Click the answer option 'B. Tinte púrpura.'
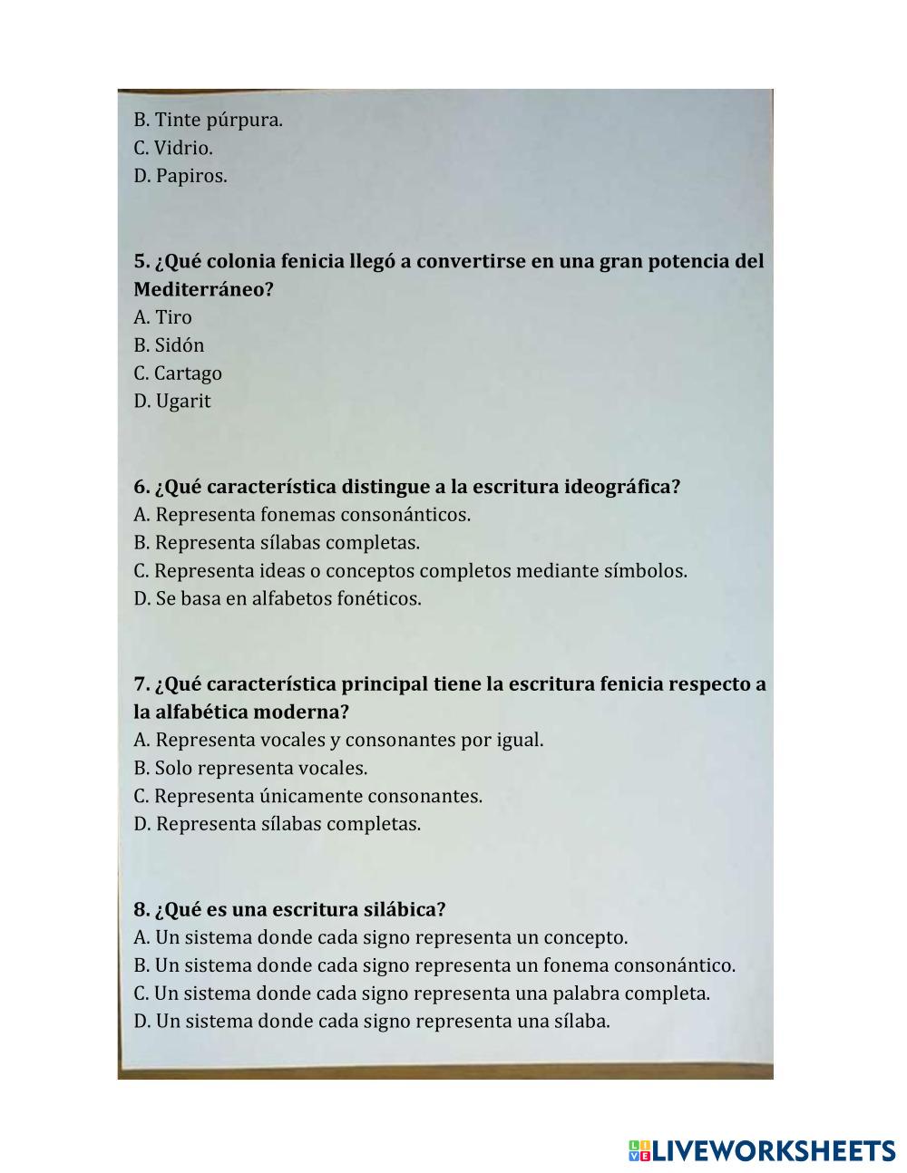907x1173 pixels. click(208, 120)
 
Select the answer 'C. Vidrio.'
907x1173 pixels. click(173, 148)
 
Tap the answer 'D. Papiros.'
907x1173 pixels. click(180, 176)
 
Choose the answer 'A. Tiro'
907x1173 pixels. click(163, 317)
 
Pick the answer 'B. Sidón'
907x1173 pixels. click(169, 345)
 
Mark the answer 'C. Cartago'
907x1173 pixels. click(178, 373)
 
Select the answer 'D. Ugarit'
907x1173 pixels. click(172, 402)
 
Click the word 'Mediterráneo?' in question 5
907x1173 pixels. click(203, 290)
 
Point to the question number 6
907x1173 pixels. click(141, 487)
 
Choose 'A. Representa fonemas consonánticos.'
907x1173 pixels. click(302, 515)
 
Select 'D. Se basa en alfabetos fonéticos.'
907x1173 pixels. click(278, 599)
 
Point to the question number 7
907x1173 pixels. click(141, 683)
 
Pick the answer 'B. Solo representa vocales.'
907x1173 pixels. click(250, 769)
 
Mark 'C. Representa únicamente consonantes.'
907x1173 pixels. click(307, 797)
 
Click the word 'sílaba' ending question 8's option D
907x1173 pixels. click(579, 1022)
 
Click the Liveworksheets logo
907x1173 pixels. click(762, 1151)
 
